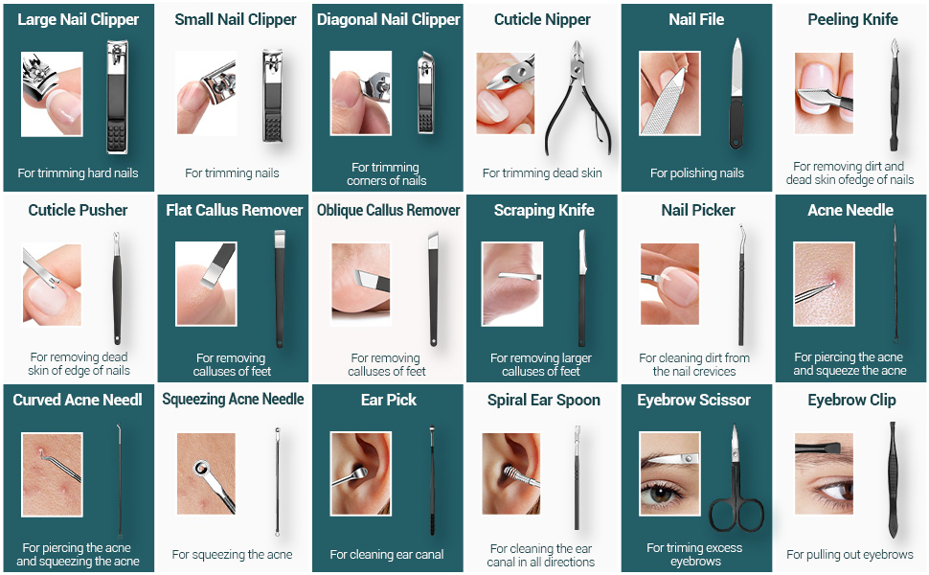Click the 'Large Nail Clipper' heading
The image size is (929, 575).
[x=79, y=19]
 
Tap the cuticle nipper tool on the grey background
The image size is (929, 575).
[x=578, y=98]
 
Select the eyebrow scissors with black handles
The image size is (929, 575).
[x=736, y=479]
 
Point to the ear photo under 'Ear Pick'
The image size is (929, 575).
[x=360, y=473]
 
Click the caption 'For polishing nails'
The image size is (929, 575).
[x=697, y=173]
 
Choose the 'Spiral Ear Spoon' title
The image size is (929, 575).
[x=544, y=401]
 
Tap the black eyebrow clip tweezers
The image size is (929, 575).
[x=893, y=479]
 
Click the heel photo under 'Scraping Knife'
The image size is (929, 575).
[x=512, y=284]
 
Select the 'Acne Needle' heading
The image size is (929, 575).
[x=850, y=210]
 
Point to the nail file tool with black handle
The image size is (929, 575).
[x=736, y=94]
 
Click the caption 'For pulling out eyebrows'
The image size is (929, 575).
[x=850, y=555]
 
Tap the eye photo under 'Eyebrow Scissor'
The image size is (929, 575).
[x=669, y=473]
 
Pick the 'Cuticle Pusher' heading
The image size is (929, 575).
[x=79, y=210]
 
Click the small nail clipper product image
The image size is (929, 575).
[x=273, y=96]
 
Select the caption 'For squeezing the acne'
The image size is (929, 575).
[x=232, y=555]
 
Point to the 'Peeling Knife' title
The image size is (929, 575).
[x=852, y=19]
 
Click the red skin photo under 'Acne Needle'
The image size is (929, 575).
[x=825, y=284]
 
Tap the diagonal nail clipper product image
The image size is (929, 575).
[x=426, y=92]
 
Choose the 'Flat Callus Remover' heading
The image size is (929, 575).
[x=234, y=210]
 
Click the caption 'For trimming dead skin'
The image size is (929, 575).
[x=542, y=173]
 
